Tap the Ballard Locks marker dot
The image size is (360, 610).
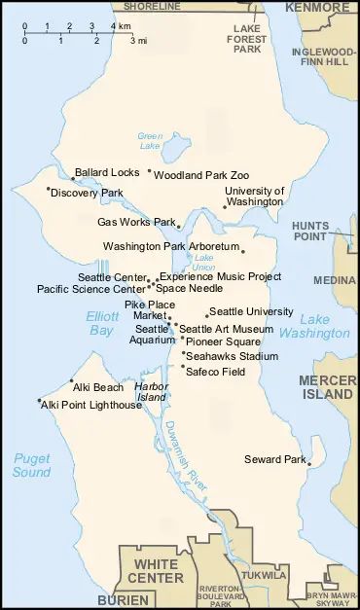click(x=73, y=178)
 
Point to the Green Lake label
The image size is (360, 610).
click(x=149, y=141)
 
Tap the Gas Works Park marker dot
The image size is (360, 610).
click(x=178, y=227)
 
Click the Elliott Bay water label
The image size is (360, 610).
click(x=101, y=323)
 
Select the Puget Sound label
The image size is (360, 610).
click(x=31, y=465)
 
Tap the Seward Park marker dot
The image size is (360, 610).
click(x=308, y=464)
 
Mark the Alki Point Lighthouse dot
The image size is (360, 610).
click(x=39, y=401)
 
